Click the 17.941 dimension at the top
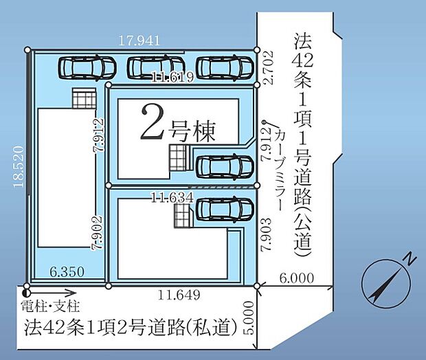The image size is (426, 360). coord(139,41)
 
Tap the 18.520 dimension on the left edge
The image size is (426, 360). coord(19,166)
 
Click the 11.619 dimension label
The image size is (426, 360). coord(173,77)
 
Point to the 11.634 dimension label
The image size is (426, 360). coord(172,198)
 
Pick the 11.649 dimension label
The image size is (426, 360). coord(179,295)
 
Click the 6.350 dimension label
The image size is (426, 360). coord(67,271)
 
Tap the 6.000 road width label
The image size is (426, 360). coord(297,278)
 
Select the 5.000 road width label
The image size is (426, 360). coord(249,317)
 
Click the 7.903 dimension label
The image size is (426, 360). coord(267,234)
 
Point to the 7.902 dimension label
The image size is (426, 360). coord(98,232)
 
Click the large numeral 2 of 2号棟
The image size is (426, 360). coord(153,122)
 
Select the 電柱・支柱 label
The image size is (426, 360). coord(51,306)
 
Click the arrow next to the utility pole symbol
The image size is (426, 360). coord(53,293)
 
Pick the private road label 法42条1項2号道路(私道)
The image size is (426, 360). coord(131,327)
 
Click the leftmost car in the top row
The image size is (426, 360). coord(87,67)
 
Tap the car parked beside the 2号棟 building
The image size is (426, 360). coord(225,166)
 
